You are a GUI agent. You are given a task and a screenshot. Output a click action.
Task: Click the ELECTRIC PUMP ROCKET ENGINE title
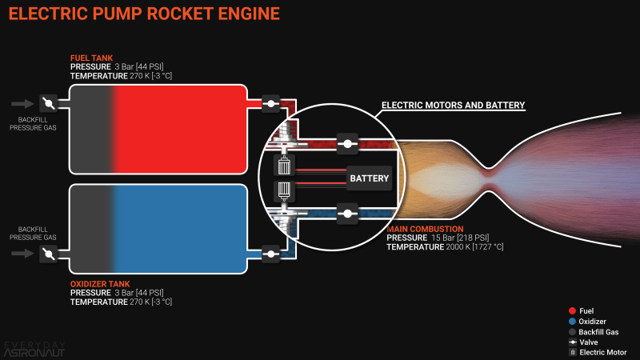[144, 14]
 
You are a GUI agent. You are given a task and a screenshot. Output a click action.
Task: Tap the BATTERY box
[368, 178]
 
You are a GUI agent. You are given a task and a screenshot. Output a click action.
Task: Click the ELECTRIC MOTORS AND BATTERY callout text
[453, 105]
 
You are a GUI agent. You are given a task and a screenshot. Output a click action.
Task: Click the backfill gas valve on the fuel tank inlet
[48, 104]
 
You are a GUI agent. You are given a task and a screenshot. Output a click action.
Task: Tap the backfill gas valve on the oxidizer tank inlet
[48, 254]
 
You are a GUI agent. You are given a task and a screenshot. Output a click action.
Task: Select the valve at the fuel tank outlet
[271, 104]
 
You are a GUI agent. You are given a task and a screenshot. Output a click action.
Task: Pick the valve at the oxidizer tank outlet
[271, 254]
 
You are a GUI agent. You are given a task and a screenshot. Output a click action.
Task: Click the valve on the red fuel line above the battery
[346, 145]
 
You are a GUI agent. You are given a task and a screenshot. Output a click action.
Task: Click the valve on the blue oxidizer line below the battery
[346, 213]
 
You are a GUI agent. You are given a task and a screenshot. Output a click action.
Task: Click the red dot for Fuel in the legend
[572, 311]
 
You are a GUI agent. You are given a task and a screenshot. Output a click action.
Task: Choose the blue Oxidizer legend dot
[572, 322]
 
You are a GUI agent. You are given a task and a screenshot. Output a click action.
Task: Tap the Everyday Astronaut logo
[35, 349]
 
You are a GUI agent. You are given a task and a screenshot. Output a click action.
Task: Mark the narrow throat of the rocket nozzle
[490, 171]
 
